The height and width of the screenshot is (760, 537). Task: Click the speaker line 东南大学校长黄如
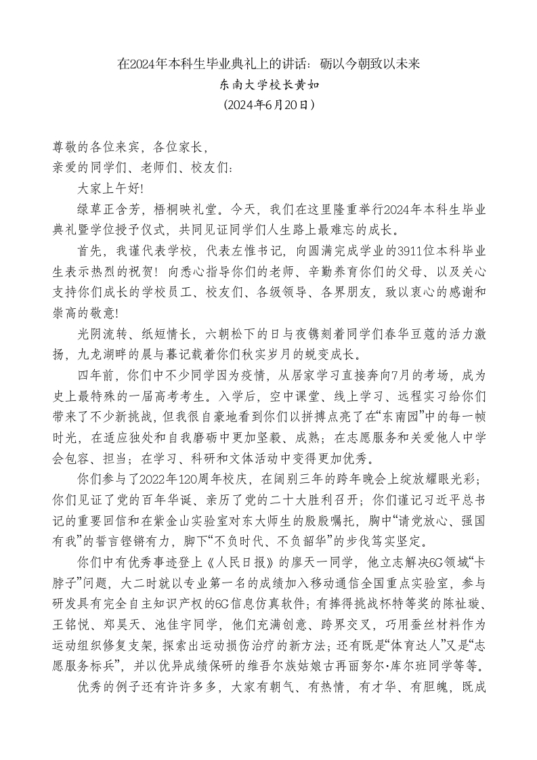coord(269,85)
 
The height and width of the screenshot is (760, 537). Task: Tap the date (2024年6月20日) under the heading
coord(269,105)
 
